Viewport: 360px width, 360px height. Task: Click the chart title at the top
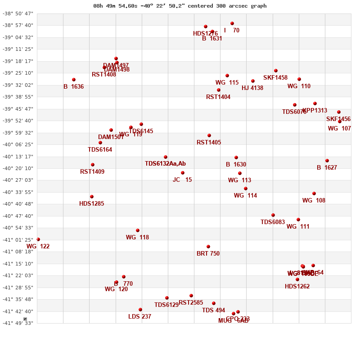click(180, 6)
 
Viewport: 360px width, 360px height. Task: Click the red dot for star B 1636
click(74, 80)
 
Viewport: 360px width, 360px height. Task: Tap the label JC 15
click(182, 180)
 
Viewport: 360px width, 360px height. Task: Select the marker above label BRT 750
click(208, 247)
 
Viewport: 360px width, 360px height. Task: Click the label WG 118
click(137, 237)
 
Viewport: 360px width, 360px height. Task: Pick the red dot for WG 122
click(38, 239)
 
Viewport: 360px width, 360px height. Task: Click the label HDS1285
click(91, 203)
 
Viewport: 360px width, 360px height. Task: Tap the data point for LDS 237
click(140, 310)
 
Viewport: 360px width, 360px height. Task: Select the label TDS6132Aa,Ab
click(165, 163)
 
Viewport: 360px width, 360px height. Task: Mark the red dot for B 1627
click(327, 161)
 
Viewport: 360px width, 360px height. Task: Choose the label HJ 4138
click(252, 88)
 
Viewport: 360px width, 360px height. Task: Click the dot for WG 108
click(314, 193)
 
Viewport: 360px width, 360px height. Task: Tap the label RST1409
click(92, 171)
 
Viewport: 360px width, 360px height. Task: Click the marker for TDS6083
click(273, 215)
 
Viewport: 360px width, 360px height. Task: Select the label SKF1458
click(275, 77)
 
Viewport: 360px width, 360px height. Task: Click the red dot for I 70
click(232, 23)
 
